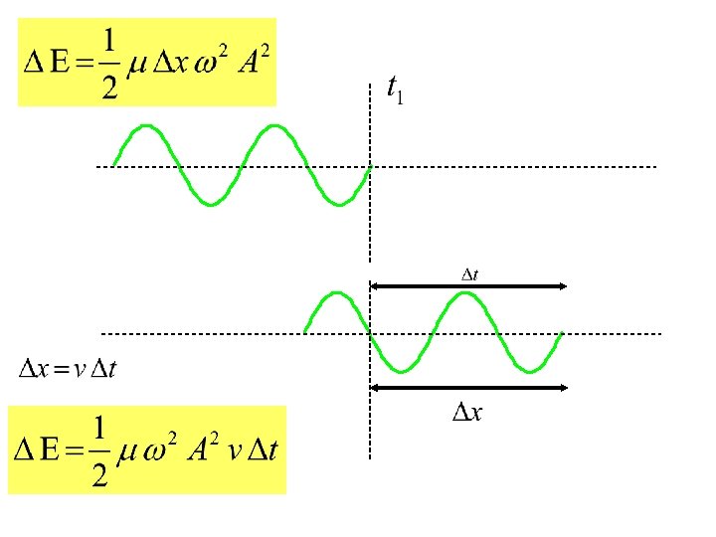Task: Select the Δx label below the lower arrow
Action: click(x=467, y=412)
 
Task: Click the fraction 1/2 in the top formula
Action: click(x=108, y=62)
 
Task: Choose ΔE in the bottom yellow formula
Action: click(x=39, y=450)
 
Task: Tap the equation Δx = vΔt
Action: click(x=69, y=370)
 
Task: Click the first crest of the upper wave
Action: click(x=146, y=126)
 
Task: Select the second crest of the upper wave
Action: click(x=274, y=126)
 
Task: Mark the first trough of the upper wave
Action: click(x=210, y=204)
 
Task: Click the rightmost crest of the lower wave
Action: click(x=464, y=293)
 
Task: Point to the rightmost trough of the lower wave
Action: click(x=529, y=371)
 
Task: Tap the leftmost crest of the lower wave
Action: click(x=337, y=293)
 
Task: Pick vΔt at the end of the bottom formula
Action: click(x=256, y=450)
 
